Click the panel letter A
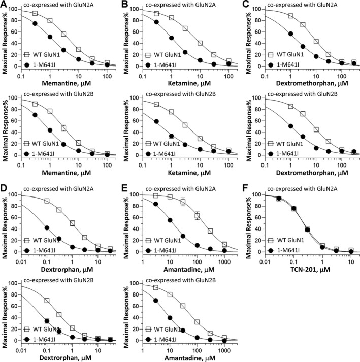pyautogui.click(x=4, y=4)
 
